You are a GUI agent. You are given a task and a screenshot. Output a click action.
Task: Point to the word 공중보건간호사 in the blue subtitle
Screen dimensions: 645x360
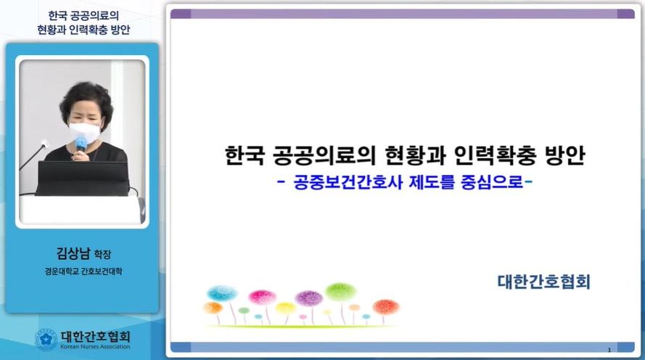[348, 181]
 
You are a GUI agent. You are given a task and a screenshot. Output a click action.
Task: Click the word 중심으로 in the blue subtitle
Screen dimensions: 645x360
[492, 181]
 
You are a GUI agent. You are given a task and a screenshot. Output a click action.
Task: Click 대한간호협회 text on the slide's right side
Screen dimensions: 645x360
[544, 282]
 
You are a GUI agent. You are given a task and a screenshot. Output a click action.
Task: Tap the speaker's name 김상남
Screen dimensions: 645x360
[73, 253]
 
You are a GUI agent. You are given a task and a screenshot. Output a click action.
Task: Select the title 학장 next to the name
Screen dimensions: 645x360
[102, 254]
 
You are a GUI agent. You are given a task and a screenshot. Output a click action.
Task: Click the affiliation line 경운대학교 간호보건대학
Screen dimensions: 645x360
[83, 271]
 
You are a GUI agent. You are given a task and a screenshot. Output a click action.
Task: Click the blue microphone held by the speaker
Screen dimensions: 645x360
[81, 144]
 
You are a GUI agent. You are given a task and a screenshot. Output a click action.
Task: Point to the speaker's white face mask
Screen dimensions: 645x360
[84, 131]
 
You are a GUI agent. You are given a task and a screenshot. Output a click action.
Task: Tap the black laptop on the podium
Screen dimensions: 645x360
[83, 178]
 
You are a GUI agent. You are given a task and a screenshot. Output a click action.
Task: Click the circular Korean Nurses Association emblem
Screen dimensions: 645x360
[46, 340]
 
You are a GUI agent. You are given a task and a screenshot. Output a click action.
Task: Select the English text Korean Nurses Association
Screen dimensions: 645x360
[95, 346]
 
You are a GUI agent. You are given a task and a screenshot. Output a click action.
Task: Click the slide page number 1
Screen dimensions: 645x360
[609, 350]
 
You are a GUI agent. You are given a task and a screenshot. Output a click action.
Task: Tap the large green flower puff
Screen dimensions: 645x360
[340, 292]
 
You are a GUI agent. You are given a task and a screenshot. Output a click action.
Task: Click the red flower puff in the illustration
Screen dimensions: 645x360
[386, 307]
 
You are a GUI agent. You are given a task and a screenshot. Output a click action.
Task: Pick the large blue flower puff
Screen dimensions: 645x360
[222, 293]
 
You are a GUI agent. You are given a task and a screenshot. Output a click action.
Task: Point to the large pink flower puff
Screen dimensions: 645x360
[262, 297]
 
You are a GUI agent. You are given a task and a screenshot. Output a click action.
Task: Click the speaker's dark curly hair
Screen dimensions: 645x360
[86, 97]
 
